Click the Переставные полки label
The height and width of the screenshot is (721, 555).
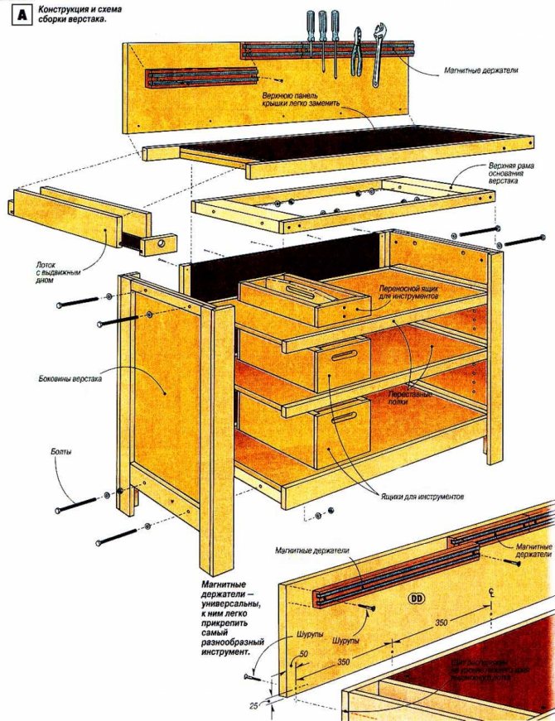pyautogui.click(x=413, y=397)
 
